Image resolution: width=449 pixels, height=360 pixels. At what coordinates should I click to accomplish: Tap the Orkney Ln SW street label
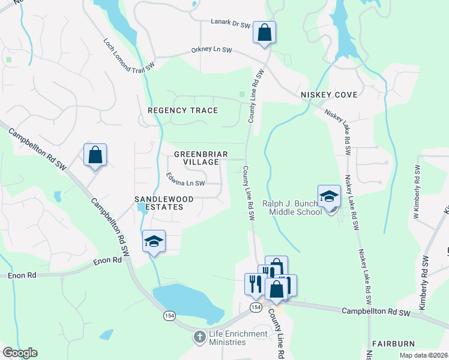[212, 50]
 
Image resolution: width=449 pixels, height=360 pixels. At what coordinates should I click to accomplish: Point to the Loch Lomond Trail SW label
[129, 55]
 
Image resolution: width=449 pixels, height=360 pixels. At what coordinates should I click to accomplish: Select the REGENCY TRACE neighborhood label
[182, 110]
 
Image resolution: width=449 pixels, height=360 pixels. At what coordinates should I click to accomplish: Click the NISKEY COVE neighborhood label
[329, 95]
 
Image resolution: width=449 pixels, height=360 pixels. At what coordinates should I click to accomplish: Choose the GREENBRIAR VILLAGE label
[200, 158]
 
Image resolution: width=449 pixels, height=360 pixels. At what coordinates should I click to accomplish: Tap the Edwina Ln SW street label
[185, 179]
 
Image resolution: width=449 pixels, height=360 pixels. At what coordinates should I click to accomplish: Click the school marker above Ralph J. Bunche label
[330, 196]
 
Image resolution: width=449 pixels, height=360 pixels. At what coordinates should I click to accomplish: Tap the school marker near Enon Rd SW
[154, 242]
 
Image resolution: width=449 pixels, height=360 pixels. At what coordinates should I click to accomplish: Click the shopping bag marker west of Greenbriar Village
[95, 155]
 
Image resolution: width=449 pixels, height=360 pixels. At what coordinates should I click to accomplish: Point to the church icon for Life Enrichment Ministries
[199, 337]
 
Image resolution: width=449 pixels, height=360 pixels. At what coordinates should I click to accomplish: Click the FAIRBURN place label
[393, 344]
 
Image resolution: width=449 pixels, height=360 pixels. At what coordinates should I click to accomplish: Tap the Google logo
[19, 353]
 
